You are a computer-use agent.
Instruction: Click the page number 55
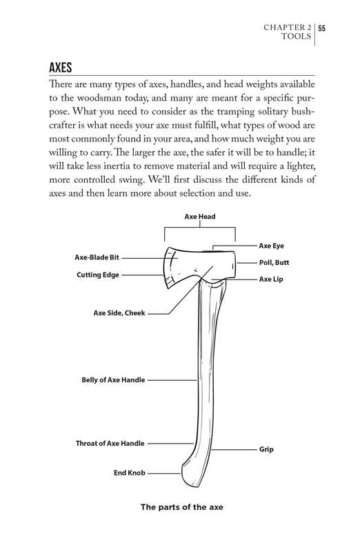[322, 28]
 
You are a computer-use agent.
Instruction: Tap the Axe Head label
[200, 217]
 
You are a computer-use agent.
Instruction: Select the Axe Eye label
[271, 246]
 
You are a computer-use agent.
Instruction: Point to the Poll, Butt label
[274, 263]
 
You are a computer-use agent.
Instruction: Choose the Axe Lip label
[271, 279]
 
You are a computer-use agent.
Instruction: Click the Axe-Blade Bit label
[97, 257]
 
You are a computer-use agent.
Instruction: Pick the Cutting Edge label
[97, 274]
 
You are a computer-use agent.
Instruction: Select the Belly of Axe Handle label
[113, 379]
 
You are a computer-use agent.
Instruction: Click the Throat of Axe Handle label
[110, 443]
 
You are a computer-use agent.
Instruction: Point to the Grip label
[266, 449]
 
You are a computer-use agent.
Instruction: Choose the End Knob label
[129, 473]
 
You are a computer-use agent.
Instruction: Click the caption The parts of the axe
[182, 507]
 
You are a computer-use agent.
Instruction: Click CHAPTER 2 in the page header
[288, 28]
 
